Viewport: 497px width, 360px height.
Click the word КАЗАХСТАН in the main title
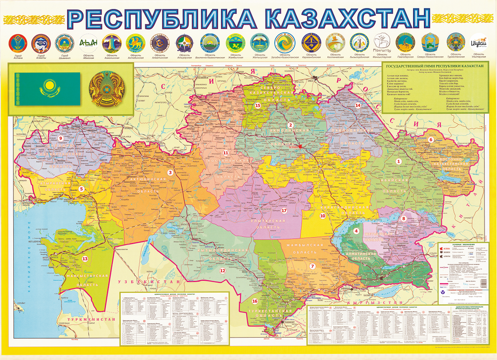(x=344, y=18)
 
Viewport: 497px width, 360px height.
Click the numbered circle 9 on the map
(x=61, y=139)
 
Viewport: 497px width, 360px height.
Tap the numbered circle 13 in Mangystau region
(x=85, y=259)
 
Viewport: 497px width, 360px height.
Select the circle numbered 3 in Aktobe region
(x=170, y=173)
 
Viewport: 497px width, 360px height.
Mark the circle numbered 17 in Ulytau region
(x=284, y=210)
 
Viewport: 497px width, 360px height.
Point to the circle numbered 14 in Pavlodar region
(x=357, y=105)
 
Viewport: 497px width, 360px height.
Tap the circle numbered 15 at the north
(x=257, y=105)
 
